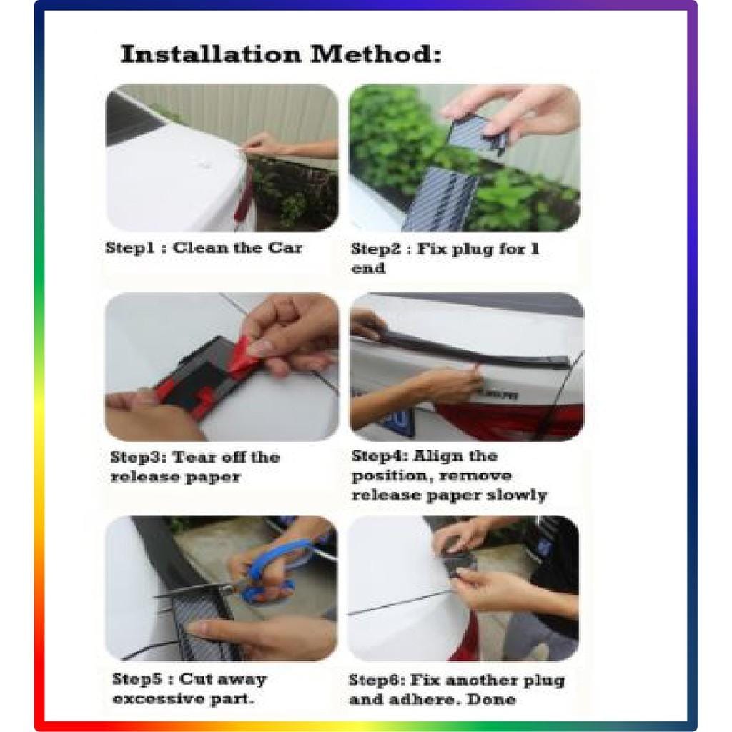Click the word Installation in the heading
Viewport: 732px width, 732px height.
[211, 54]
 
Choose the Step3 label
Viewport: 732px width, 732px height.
[138, 457]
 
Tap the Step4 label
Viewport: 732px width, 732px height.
[379, 455]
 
